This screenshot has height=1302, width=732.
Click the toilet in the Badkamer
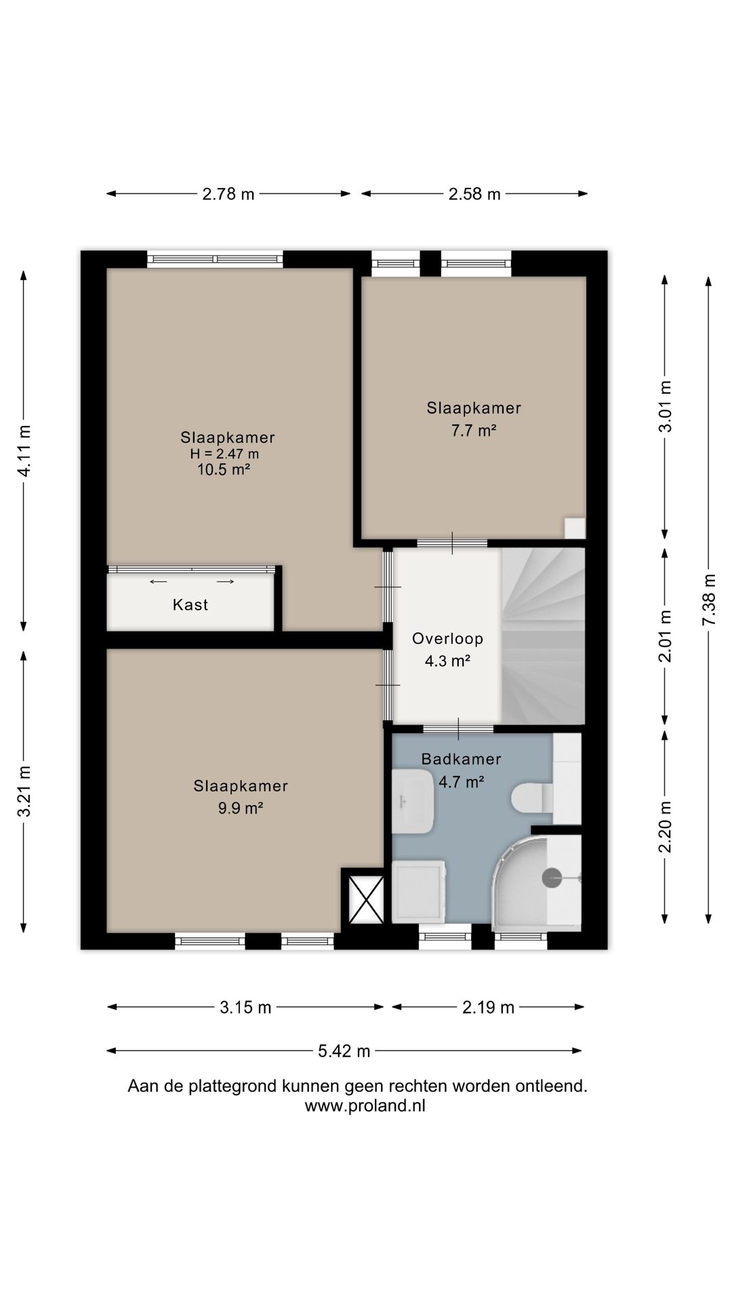coord(533,797)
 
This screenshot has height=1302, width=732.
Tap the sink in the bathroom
coord(412,802)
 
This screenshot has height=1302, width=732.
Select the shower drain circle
coord(552,878)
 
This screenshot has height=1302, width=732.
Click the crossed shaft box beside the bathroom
coord(366,899)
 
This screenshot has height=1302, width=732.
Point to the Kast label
coord(190,604)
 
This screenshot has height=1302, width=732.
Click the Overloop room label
coord(447,638)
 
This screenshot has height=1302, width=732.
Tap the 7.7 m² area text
coord(474,430)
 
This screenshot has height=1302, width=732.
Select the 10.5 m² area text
coord(224,469)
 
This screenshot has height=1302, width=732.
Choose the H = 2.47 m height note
coord(224,454)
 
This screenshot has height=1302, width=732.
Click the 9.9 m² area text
coord(241,808)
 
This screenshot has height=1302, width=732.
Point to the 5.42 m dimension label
coord(344,1051)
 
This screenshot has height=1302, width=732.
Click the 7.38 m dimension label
coord(709,600)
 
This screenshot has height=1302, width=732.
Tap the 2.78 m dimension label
coord(228,194)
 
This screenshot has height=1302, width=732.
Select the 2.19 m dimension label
coord(489,1008)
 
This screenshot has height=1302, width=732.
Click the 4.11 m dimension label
coord(24,451)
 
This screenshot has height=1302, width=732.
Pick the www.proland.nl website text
coord(365,1105)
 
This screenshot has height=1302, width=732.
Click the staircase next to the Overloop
coord(543,636)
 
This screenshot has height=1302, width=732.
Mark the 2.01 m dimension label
coord(666,635)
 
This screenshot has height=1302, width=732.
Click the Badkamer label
coord(461,759)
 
